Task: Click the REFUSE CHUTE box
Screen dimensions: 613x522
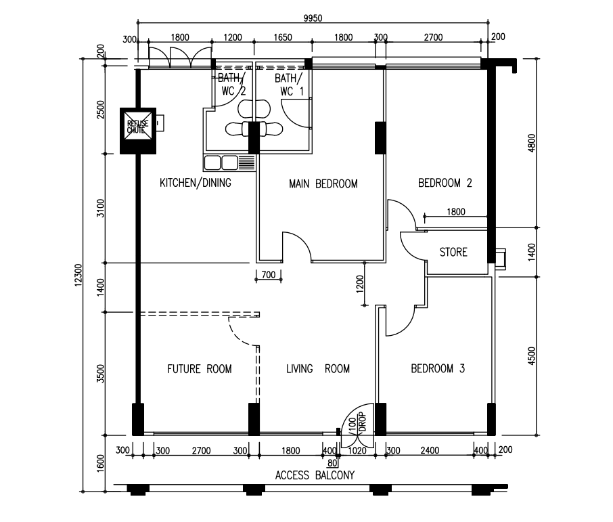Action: tap(137, 131)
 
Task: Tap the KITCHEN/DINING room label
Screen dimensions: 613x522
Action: tap(196, 183)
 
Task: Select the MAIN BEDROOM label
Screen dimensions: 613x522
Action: tap(323, 183)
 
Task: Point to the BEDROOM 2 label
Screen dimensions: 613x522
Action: tap(445, 183)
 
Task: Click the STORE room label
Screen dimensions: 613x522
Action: tap(453, 252)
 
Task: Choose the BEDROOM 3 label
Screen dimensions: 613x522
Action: tap(438, 368)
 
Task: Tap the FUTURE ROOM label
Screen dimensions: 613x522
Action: tap(200, 369)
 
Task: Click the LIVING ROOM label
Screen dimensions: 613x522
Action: tap(318, 368)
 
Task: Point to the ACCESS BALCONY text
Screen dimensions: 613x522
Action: tap(315, 475)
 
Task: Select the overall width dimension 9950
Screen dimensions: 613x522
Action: tap(313, 18)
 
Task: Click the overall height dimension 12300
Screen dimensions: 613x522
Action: tap(78, 275)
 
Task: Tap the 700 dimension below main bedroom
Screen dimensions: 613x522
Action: tap(269, 275)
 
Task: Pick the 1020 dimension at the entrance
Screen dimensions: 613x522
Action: tap(357, 450)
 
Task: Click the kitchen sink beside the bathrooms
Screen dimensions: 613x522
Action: tap(229, 162)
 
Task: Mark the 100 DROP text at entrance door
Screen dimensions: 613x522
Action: tap(357, 422)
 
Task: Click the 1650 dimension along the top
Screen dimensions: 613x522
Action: tap(283, 37)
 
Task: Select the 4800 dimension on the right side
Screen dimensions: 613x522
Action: tap(532, 144)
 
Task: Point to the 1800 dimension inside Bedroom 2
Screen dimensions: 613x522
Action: tap(456, 212)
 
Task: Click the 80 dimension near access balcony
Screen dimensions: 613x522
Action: tap(332, 463)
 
